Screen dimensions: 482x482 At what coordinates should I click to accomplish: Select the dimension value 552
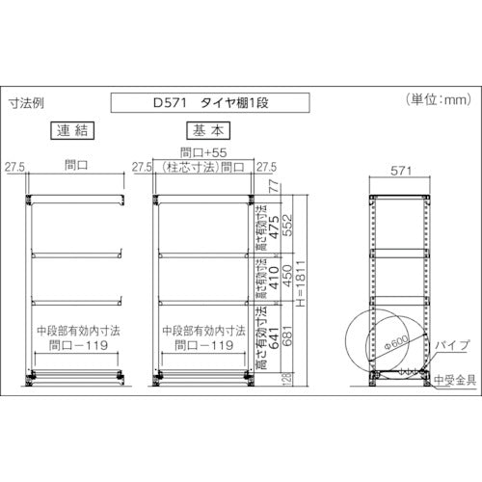tap(286, 225)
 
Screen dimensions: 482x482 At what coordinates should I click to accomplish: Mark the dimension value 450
tap(286, 280)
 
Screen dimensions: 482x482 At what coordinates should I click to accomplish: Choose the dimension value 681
tap(286, 339)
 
